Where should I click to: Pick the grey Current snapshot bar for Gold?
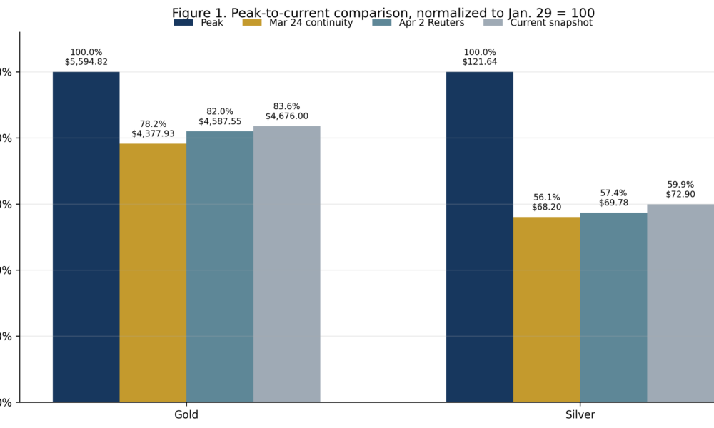click(x=286, y=264)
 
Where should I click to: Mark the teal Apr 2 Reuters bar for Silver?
click(x=613, y=307)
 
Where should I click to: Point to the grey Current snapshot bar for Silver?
click(x=680, y=303)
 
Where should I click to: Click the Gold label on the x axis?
click(x=186, y=414)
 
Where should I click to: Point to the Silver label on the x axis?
click(x=580, y=414)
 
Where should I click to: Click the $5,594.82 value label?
click(x=86, y=62)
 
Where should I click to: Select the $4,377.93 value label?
click(x=153, y=133)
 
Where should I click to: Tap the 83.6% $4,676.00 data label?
click(x=286, y=111)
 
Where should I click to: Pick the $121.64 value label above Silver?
click(x=479, y=62)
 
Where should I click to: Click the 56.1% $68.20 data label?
click(x=546, y=202)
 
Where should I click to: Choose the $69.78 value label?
click(x=613, y=203)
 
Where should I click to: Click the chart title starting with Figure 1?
click(x=383, y=13)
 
